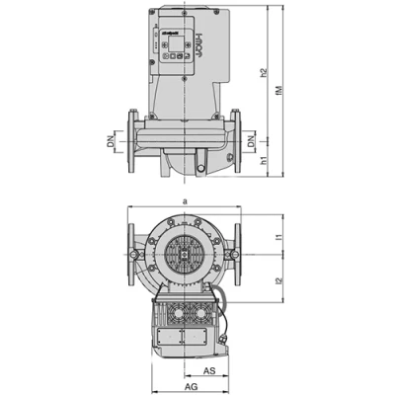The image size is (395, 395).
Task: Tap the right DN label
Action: tap(252, 143)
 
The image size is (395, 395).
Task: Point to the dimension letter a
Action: tap(183, 200)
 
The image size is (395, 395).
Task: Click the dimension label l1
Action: tap(279, 238)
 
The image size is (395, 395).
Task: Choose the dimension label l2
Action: tap(279, 281)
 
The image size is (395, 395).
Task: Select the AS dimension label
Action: tap(209, 371)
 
